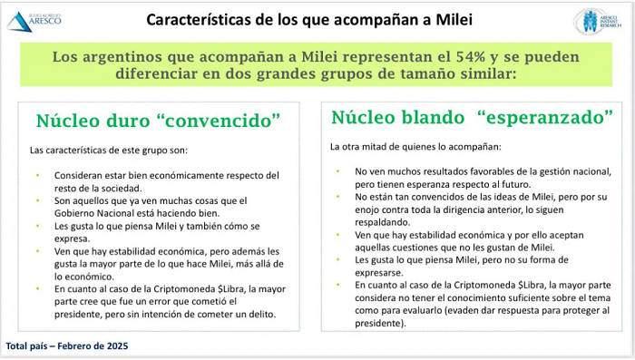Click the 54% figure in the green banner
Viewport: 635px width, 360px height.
pyautogui.click(x=471, y=57)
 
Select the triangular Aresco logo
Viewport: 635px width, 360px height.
pyautogui.click(x=19, y=22)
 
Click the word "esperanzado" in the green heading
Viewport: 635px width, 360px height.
pyautogui.click(x=545, y=118)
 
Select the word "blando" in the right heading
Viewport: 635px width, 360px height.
pyautogui.click(x=433, y=118)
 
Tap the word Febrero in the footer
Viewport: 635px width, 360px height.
pyautogui.click(x=75, y=345)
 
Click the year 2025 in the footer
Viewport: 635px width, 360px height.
pyautogui.click(x=117, y=345)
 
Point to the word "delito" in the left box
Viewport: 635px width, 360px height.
pyautogui.click(x=262, y=314)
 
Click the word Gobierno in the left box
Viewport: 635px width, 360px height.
pyautogui.click(x=73, y=213)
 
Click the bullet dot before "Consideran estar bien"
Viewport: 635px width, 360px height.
pyautogui.click(x=38, y=175)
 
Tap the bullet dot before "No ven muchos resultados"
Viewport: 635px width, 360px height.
pyautogui.click(x=337, y=170)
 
